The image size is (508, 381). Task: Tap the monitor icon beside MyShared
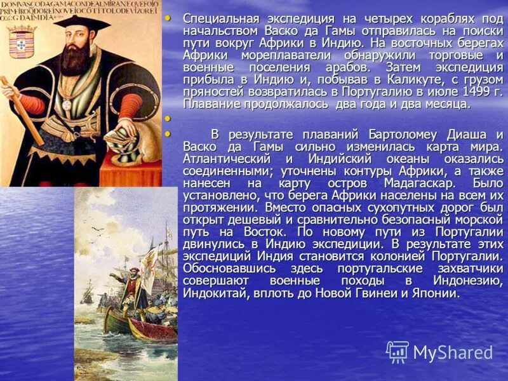398,352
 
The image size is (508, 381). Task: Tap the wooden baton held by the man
22,111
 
